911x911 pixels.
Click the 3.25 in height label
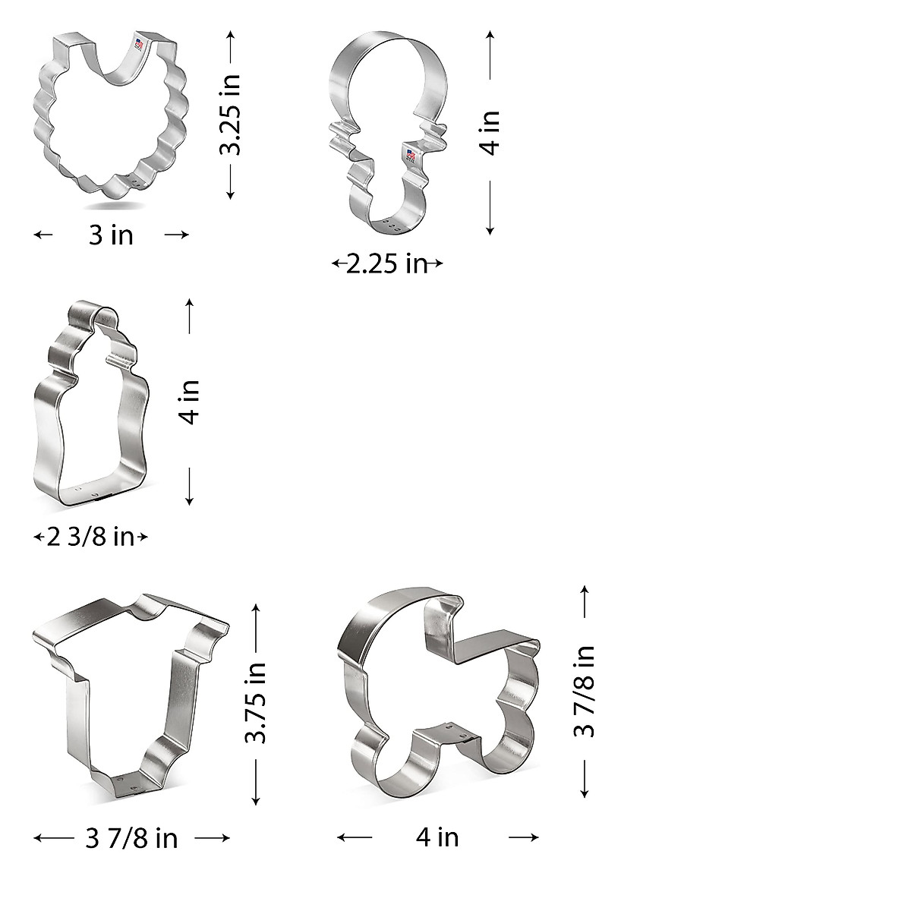click(229, 114)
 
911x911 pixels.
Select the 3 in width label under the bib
click(111, 235)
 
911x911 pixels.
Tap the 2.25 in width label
click(386, 264)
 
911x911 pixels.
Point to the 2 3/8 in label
click(90, 537)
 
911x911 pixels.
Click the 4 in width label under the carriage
click(437, 837)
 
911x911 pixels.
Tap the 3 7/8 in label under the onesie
click(132, 838)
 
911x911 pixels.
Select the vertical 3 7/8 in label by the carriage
click(585, 691)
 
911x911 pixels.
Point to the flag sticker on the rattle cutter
click(411, 157)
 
